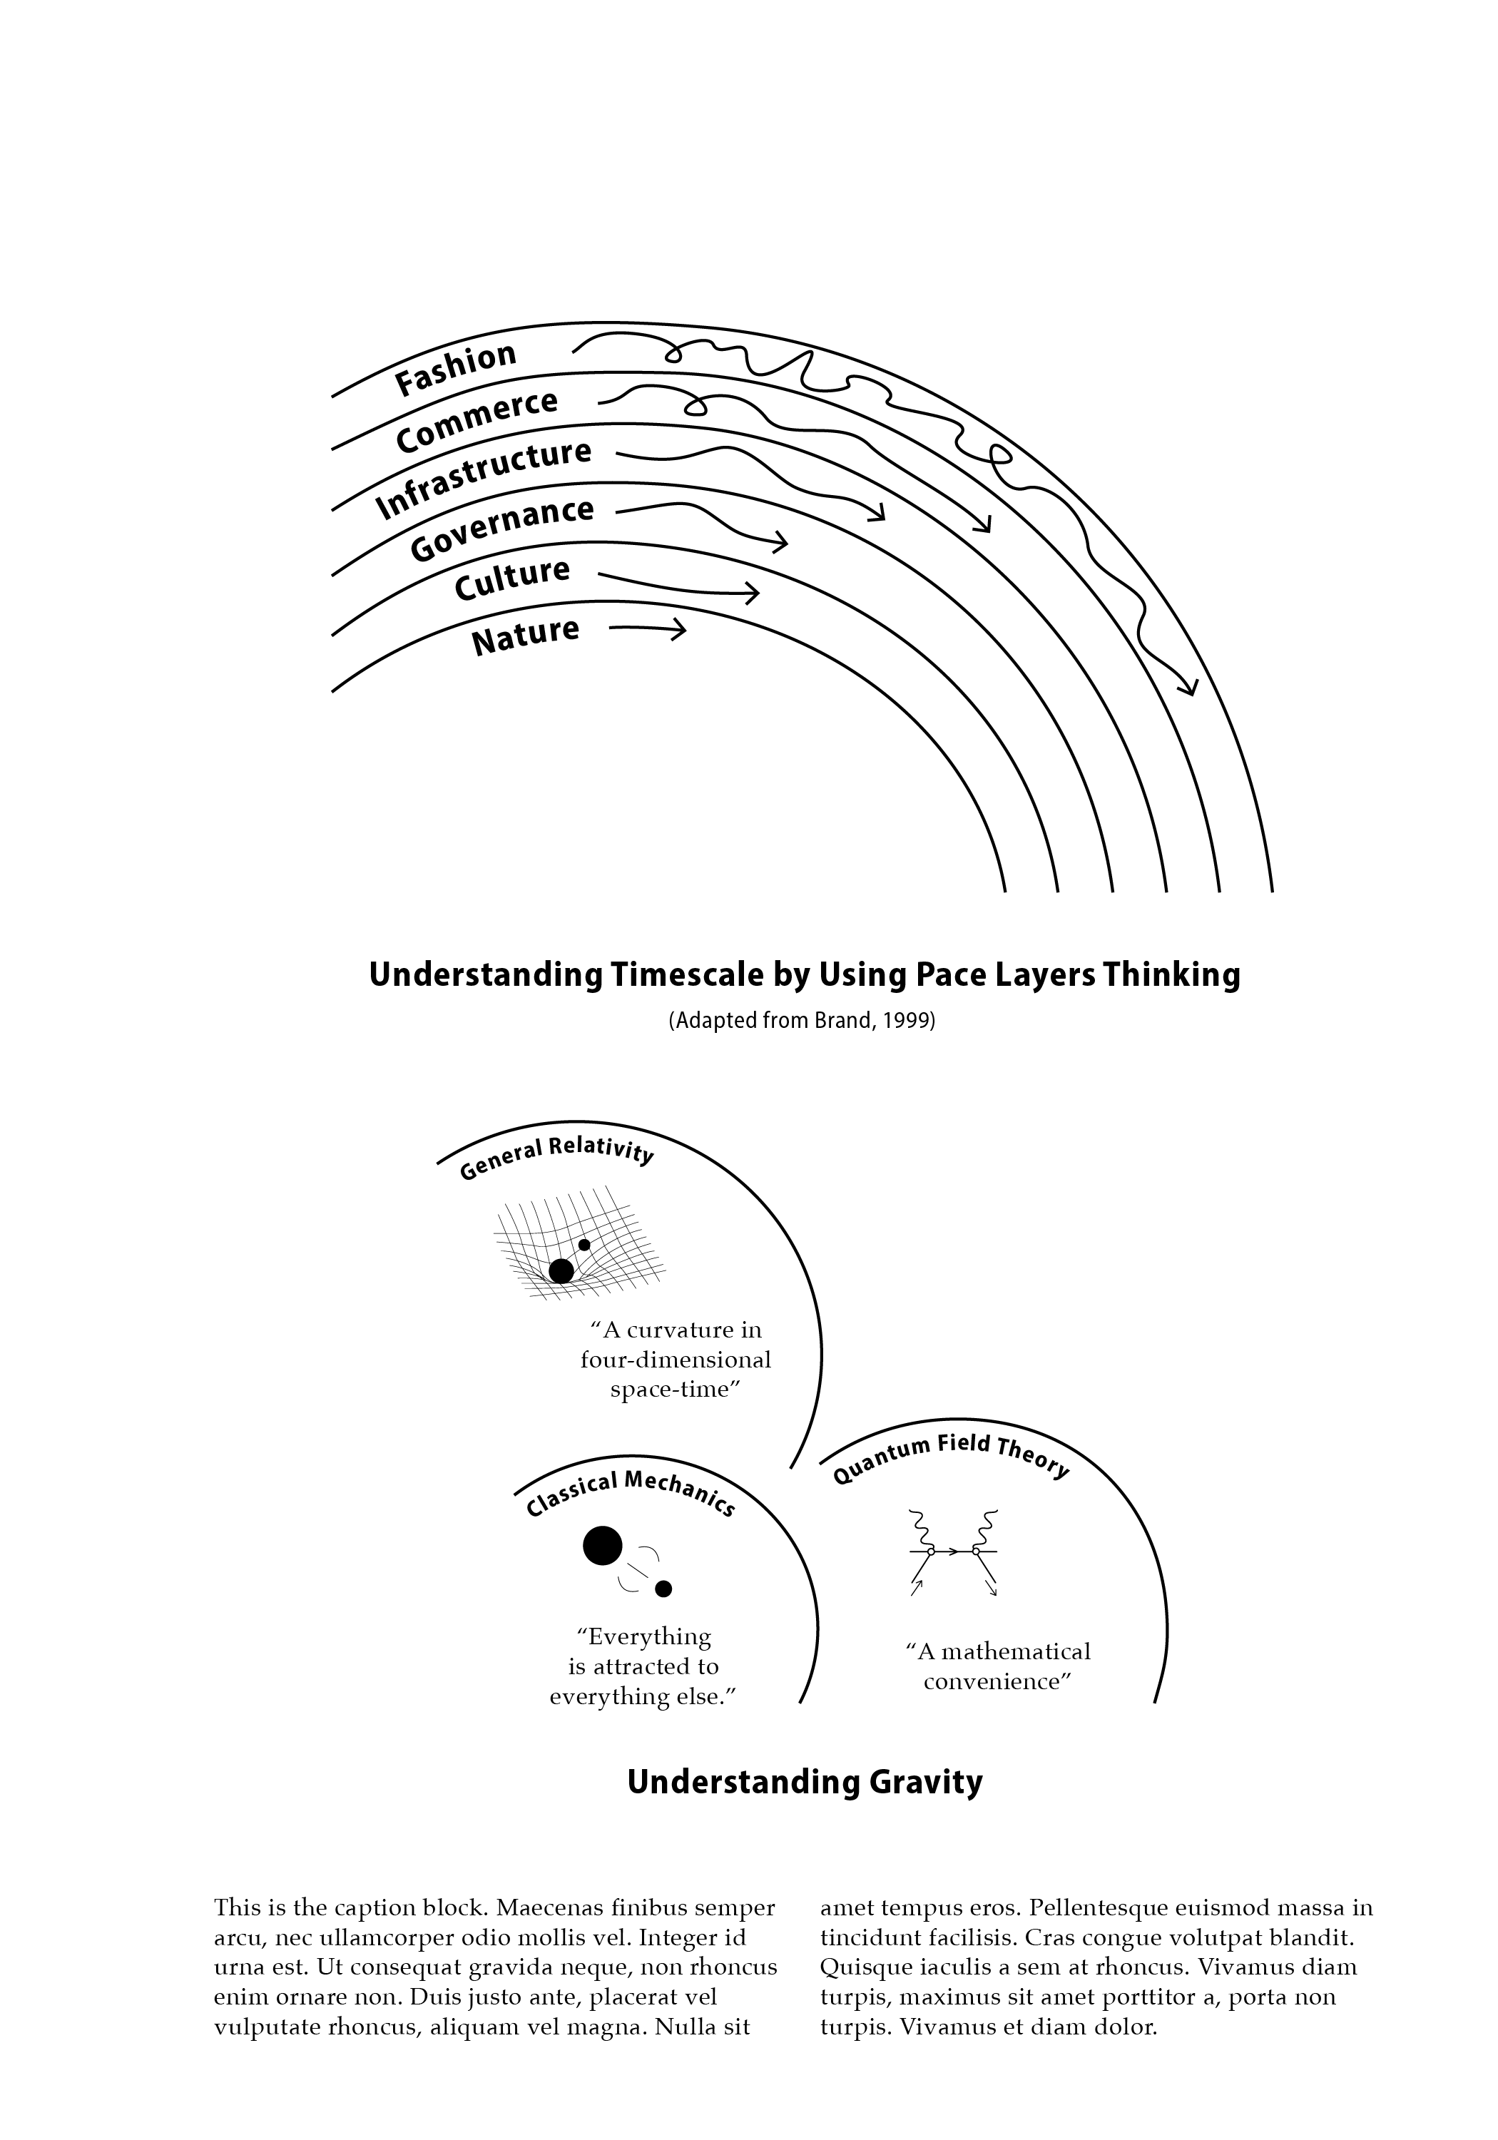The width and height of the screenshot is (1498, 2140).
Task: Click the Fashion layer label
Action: click(x=455, y=367)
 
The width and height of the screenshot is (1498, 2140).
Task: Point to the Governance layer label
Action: click(x=501, y=529)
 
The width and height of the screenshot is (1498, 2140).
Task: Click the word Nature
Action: click(x=525, y=636)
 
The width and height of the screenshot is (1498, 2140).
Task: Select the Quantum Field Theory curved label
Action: click(x=950, y=1457)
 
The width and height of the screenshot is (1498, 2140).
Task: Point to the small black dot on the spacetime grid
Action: click(x=584, y=1244)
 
